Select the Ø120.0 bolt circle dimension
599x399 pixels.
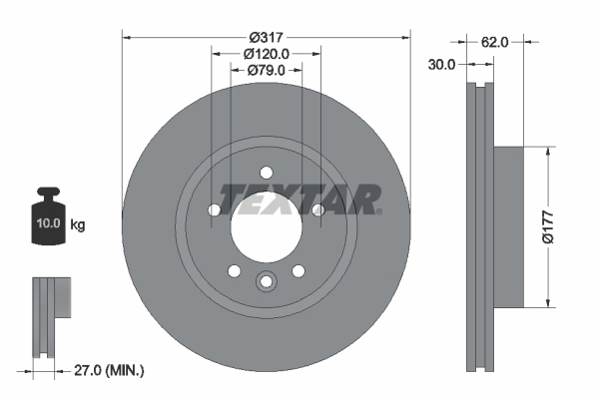pyautogui.click(x=266, y=53)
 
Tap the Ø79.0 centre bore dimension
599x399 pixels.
pyautogui.click(x=266, y=70)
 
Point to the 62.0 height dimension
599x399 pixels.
pyautogui.click(x=495, y=42)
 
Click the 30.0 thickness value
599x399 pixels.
pyautogui.click(x=440, y=64)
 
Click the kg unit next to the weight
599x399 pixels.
pyautogui.click(x=78, y=225)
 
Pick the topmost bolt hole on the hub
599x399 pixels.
pyautogui.click(x=265, y=171)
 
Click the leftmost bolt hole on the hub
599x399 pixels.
pyautogui.click(x=214, y=209)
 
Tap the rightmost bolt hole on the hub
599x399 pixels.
pyautogui.click(x=317, y=209)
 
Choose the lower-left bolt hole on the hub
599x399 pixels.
pyautogui.click(x=234, y=270)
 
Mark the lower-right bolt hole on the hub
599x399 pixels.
pyautogui.click(x=298, y=270)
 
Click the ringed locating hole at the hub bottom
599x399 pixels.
pyautogui.click(x=266, y=281)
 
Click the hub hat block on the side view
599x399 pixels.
pyautogui.click(x=509, y=226)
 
